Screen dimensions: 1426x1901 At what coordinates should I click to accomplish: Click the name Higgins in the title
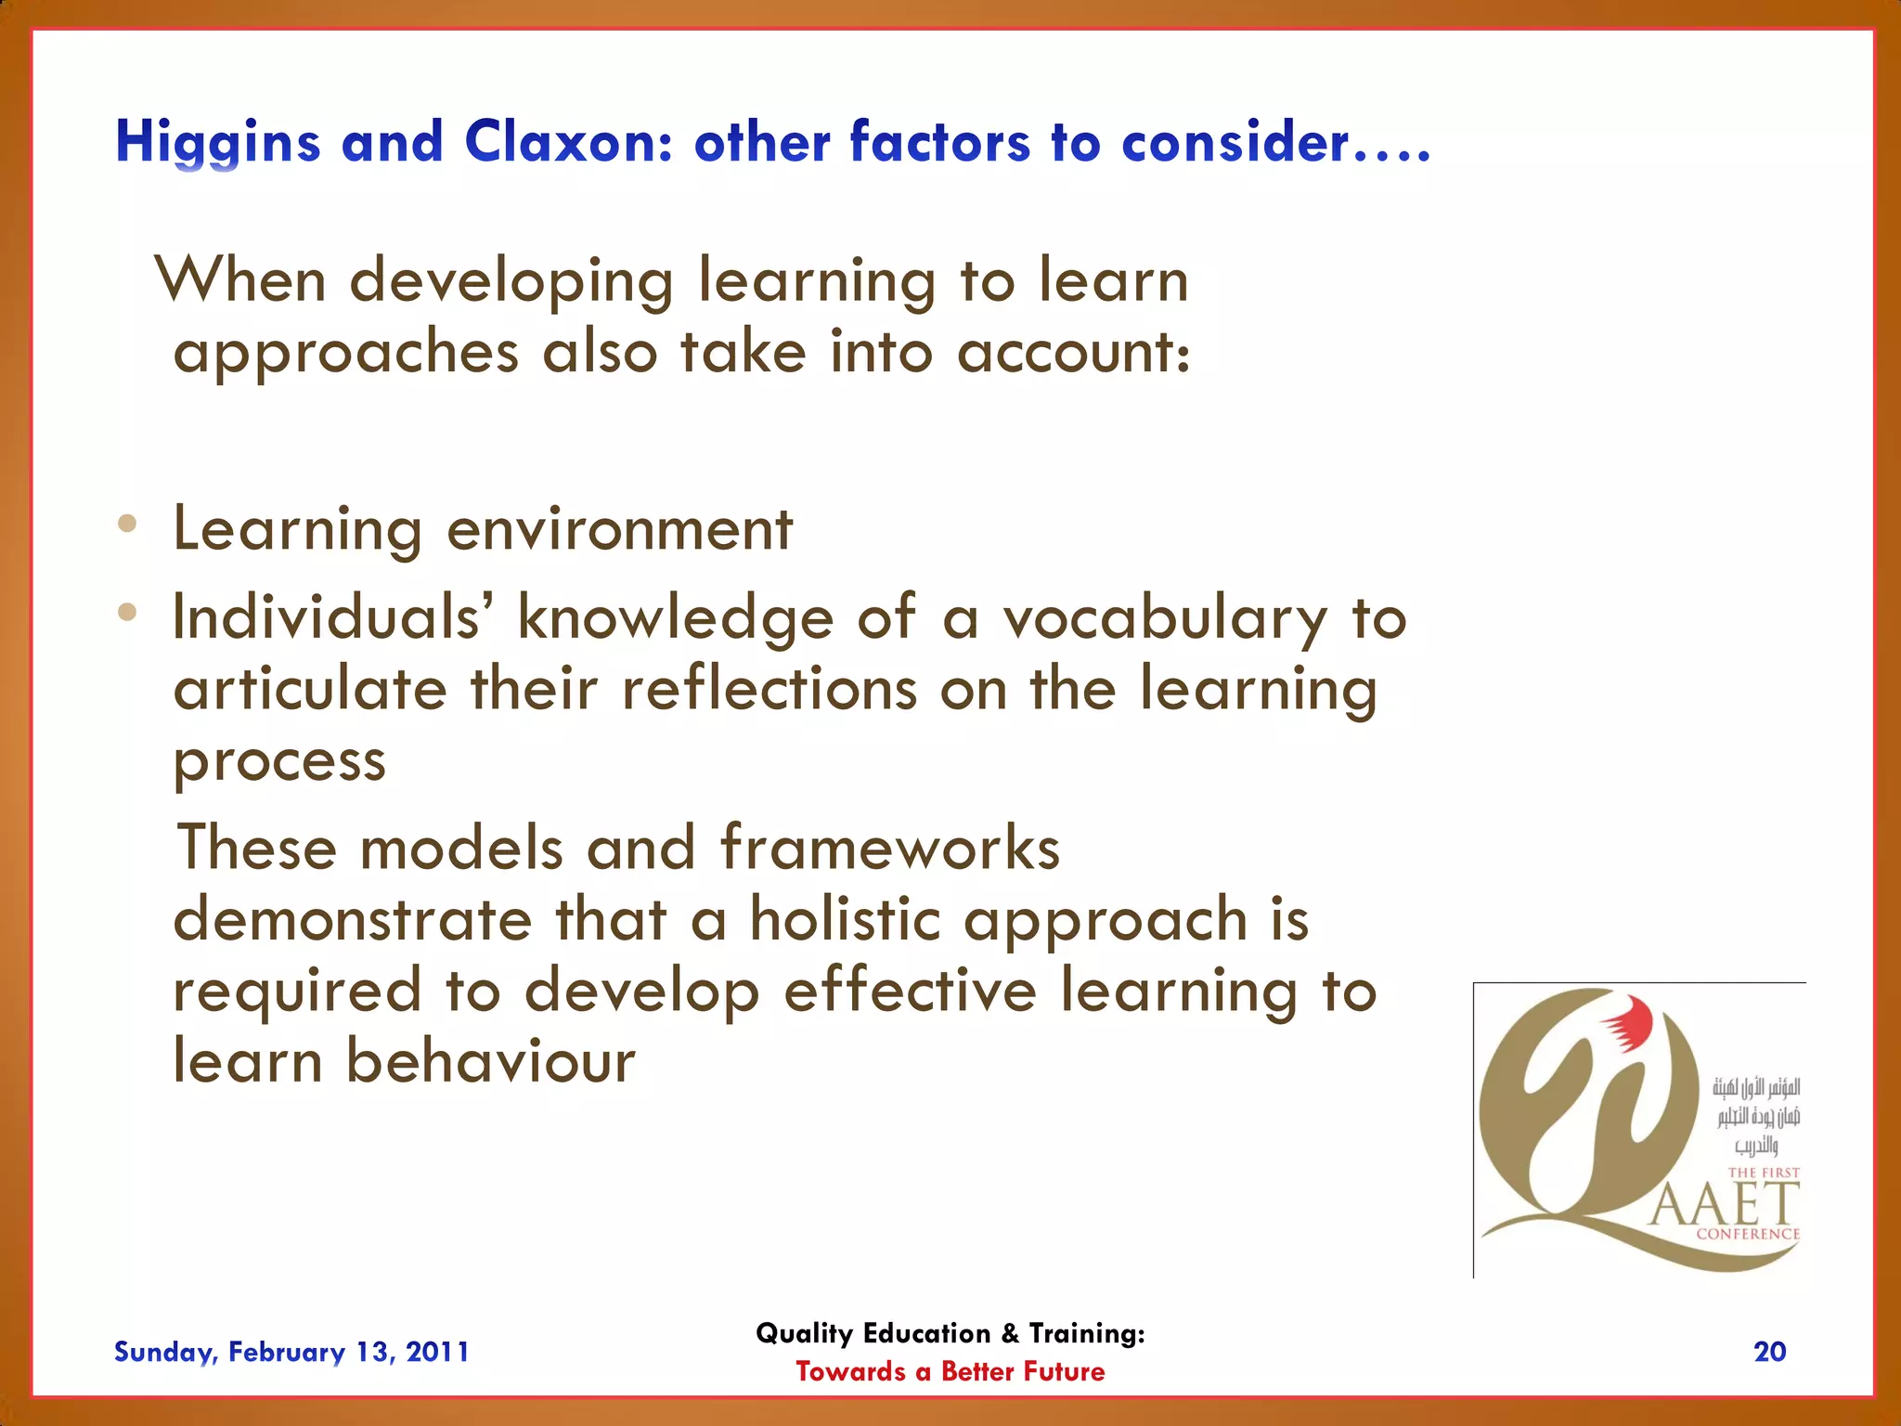point(217,144)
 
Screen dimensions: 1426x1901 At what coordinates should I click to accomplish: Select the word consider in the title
point(1235,143)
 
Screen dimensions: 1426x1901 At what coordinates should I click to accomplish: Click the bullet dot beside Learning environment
point(128,525)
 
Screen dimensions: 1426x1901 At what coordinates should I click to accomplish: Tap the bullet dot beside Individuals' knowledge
point(128,613)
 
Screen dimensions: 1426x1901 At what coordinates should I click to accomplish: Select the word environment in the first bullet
point(619,529)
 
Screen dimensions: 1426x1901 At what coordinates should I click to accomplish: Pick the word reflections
point(769,690)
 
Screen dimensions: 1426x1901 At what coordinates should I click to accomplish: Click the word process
point(279,763)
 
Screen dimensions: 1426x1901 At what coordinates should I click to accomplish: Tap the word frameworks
point(889,848)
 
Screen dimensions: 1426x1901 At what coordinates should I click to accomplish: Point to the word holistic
point(845,919)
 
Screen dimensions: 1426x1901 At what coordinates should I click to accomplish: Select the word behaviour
point(490,1061)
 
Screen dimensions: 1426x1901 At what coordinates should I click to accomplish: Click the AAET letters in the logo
point(1724,1205)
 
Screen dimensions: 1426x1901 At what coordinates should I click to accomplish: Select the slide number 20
point(1769,1352)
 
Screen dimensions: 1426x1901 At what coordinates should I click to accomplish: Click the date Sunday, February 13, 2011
point(291,1352)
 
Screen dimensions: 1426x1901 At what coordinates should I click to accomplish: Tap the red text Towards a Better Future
point(950,1372)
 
